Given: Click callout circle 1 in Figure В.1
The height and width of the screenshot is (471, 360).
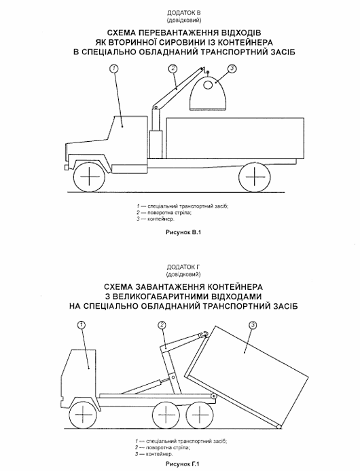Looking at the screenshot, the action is pyautogui.click(x=113, y=69).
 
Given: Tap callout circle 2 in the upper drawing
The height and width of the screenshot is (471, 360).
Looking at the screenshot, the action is pyautogui.click(x=173, y=69).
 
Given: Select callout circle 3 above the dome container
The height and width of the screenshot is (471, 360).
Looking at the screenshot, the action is pyautogui.click(x=232, y=69).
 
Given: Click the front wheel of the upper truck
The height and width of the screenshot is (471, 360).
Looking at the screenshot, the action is pyautogui.click(x=90, y=176).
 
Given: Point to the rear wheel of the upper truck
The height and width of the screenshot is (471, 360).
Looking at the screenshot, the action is pyautogui.click(x=255, y=176).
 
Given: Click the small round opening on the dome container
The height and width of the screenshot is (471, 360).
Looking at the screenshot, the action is pyautogui.click(x=208, y=85).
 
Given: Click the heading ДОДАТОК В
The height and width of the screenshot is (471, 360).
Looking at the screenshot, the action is pyautogui.click(x=184, y=13).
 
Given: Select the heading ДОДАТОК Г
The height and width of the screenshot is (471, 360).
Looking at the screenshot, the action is pyautogui.click(x=183, y=267).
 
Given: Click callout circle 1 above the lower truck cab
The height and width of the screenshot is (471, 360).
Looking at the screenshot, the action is pyautogui.click(x=82, y=325).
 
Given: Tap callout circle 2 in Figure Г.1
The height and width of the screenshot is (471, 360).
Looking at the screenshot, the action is pyautogui.click(x=162, y=325).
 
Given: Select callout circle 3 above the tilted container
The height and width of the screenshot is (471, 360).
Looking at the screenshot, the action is pyautogui.click(x=253, y=325).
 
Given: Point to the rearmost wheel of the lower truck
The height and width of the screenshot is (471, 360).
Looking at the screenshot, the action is pyautogui.click(x=198, y=415).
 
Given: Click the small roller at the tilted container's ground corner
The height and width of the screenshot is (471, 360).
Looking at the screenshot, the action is pyautogui.click(x=278, y=426).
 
